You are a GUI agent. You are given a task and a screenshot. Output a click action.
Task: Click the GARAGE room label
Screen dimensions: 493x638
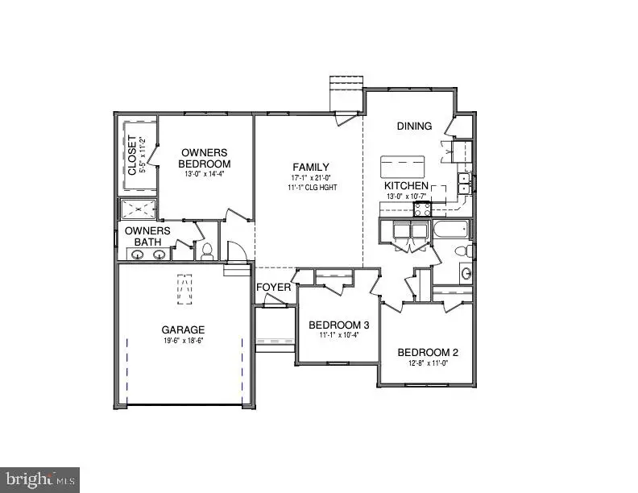click(183, 329)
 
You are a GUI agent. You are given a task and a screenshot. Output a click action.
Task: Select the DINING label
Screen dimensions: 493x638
click(415, 126)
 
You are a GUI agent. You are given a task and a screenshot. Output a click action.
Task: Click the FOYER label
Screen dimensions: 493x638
click(273, 288)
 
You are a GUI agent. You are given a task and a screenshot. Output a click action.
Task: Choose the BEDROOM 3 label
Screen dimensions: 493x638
click(338, 325)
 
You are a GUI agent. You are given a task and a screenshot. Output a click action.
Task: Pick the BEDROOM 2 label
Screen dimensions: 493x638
click(428, 352)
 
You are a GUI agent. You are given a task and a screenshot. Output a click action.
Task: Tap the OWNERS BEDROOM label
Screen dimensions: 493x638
click(205, 157)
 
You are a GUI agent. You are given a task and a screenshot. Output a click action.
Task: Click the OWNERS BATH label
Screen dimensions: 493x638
click(147, 236)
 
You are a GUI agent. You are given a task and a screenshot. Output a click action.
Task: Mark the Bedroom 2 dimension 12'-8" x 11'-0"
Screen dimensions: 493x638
click(428, 363)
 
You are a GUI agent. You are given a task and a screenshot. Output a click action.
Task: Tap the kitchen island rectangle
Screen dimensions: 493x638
click(403, 166)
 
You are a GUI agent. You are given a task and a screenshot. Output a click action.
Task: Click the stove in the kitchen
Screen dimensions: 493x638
click(421, 209)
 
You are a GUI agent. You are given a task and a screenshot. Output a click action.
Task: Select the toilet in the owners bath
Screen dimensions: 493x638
click(206, 251)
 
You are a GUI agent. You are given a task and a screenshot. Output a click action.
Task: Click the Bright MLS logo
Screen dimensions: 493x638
click(39, 480)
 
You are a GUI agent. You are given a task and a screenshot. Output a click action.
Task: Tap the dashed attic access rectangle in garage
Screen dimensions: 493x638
click(184, 289)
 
